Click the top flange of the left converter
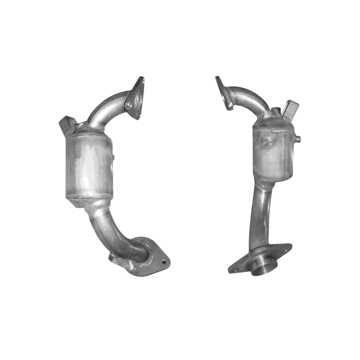134,100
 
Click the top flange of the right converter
224,93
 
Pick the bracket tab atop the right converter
291,107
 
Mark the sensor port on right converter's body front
265,142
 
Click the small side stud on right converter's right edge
298,138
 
